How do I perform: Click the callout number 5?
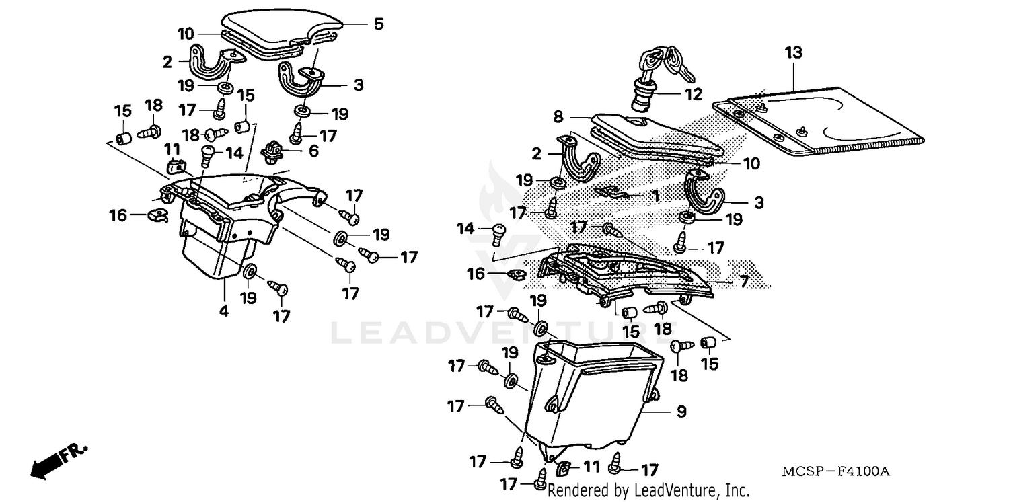tap(379, 24)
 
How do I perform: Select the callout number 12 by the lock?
tap(692, 93)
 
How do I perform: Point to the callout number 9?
tap(681, 412)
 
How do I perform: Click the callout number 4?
tap(223, 311)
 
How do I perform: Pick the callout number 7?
tap(744, 282)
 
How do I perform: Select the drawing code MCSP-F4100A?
tap(836, 472)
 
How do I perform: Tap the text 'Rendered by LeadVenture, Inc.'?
tap(648, 491)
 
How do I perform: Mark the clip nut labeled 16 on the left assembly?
tap(156, 216)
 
